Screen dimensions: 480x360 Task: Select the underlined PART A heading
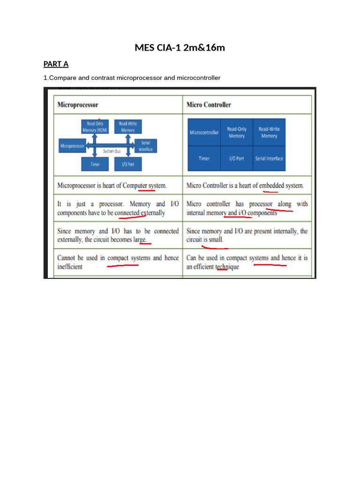pyautogui.click(x=56, y=64)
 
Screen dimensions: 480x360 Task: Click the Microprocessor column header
pyautogui.click(x=77, y=105)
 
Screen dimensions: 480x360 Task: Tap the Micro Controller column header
pyautogui.click(x=209, y=105)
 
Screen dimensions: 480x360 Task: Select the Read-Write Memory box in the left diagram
pyautogui.click(x=128, y=127)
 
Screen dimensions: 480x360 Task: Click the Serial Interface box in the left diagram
pyautogui.click(x=145, y=146)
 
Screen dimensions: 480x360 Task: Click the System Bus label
pyautogui.click(x=112, y=151)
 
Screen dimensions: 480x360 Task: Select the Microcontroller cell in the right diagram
pyautogui.click(x=204, y=133)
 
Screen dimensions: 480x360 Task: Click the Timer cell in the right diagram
pyautogui.click(x=204, y=158)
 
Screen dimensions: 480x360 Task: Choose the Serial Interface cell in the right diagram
pyautogui.click(x=269, y=158)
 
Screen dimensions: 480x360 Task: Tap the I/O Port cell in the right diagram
pyautogui.click(x=237, y=158)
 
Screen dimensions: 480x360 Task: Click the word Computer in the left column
pyautogui.click(x=135, y=186)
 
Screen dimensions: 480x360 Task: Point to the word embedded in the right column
pyautogui.click(x=271, y=186)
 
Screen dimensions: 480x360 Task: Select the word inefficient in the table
pyautogui.click(x=70, y=267)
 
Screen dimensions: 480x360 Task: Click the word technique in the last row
pyautogui.click(x=227, y=267)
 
